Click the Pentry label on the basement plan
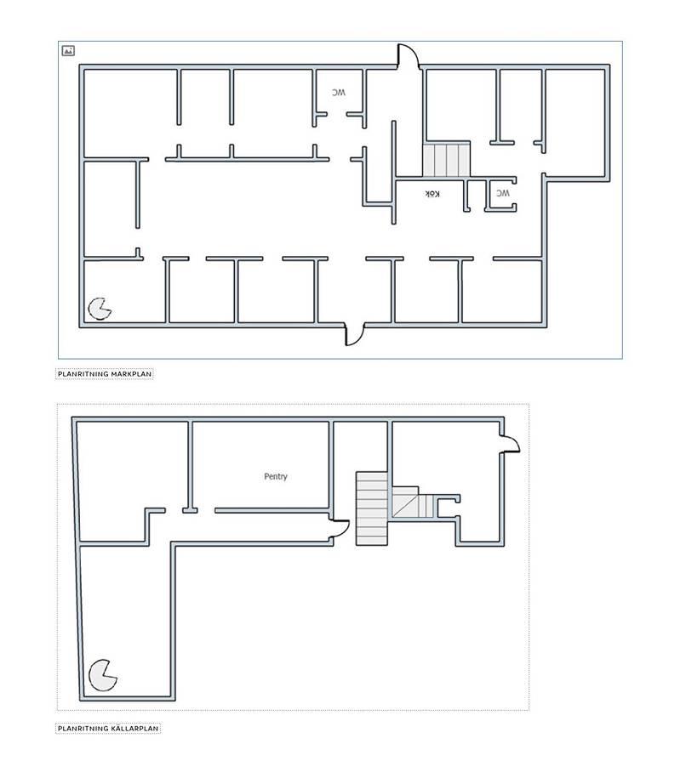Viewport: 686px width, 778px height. click(x=275, y=476)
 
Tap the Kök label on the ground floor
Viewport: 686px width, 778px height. click(x=432, y=194)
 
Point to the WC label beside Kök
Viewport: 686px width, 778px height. click(x=502, y=193)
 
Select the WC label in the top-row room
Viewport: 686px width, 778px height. click(x=339, y=93)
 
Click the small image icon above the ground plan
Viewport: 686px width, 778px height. click(x=68, y=50)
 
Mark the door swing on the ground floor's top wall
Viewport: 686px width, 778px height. click(x=409, y=55)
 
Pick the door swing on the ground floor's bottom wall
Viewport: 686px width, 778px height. click(x=355, y=334)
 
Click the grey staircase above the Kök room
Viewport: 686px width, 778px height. click(x=446, y=159)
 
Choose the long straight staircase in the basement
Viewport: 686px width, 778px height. click(x=372, y=508)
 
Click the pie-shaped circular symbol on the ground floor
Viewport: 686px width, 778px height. click(x=99, y=309)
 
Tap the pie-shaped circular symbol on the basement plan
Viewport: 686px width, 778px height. click(x=102, y=675)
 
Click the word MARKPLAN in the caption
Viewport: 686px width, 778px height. click(x=131, y=374)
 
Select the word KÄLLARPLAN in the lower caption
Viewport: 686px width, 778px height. click(x=134, y=729)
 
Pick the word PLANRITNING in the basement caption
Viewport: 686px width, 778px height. click(x=83, y=729)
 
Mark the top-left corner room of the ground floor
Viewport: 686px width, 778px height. click(x=130, y=113)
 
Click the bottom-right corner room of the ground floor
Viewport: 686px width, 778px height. click(x=501, y=292)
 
